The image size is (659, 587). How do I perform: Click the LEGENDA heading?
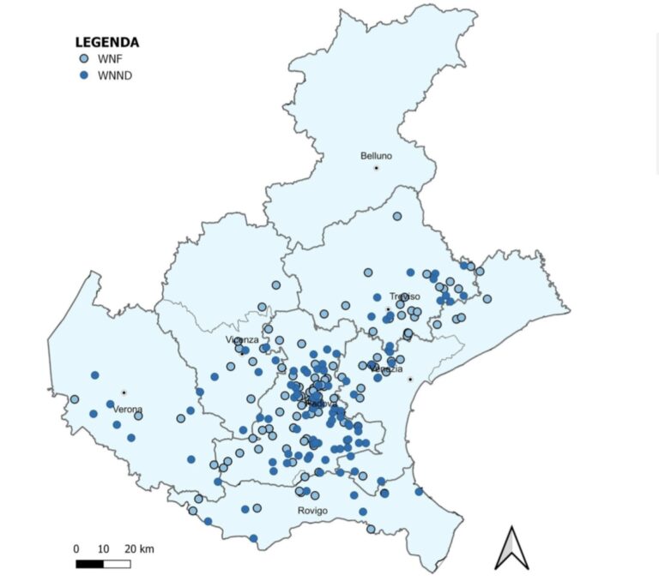tap(107, 42)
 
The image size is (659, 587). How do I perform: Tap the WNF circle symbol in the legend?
tap(83, 59)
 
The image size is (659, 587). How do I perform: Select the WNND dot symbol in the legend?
tap(83, 75)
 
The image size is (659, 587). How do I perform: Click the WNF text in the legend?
tap(107, 59)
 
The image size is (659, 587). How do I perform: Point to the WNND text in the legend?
tap(113, 75)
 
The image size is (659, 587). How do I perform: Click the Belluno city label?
tap(376, 156)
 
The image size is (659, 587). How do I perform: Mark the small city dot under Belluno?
tap(376, 167)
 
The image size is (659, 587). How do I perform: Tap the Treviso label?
tap(404, 296)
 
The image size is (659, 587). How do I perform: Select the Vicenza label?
tap(242, 340)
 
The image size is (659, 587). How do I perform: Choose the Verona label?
tap(128, 410)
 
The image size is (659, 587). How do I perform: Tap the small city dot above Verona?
tap(124, 392)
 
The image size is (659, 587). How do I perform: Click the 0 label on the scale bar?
tap(76, 549)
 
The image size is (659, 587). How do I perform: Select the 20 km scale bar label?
tap(139, 549)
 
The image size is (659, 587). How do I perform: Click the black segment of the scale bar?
tap(89, 564)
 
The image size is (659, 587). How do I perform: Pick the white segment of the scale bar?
tap(117, 564)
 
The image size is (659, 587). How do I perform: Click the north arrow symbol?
tap(511, 548)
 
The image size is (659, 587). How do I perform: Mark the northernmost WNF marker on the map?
tap(397, 217)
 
